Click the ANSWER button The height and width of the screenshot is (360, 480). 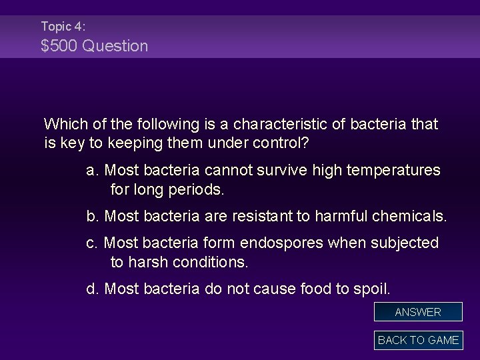418,312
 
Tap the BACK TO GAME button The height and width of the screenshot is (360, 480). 418,340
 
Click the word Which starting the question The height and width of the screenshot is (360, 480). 64,124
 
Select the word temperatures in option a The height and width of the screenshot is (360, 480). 394,171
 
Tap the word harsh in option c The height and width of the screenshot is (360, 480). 148,263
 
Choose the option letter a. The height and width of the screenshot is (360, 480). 93,171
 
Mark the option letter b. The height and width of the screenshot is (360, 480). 93,217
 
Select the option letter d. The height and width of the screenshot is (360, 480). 93,289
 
